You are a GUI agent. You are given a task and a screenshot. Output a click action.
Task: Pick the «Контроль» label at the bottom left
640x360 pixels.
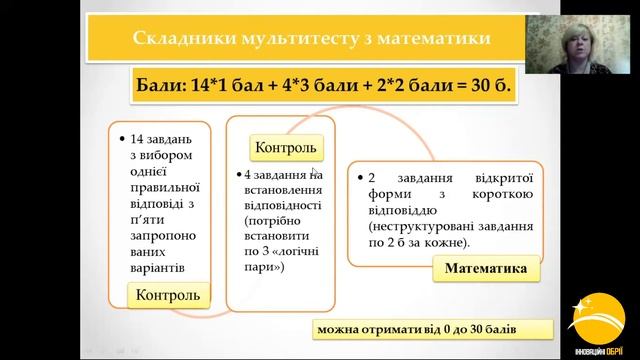tap(168, 295)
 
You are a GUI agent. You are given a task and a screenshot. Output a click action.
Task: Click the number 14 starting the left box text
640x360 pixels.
tap(138, 138)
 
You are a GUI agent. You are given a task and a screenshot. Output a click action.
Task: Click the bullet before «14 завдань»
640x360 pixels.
tap(121, 138)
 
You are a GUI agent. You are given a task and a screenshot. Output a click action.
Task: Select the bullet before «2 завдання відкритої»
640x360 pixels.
tap(360, 180)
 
